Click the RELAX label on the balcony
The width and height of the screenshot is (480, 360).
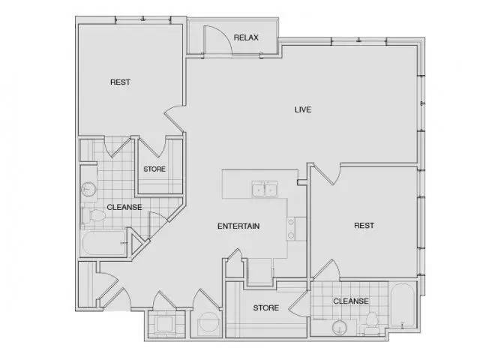point(246,37)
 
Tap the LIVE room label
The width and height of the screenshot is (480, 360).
point(303,109)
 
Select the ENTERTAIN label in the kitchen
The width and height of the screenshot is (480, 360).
point(238,226)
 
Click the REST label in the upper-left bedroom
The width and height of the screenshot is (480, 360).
point(120,82)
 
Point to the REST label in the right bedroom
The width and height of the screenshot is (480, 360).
point(364,226)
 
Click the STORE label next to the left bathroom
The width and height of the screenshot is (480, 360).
point(154,169)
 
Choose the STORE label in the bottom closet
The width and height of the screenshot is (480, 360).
point(265,307)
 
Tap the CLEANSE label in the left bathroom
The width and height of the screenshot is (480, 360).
point(124,207)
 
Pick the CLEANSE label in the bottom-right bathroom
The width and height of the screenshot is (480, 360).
point(350,301)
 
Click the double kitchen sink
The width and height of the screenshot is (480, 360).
point(265,189)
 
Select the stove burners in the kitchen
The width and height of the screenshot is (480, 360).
point(291,228)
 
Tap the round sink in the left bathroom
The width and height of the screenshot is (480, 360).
point(88,190)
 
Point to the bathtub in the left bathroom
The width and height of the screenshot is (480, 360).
point(104,244)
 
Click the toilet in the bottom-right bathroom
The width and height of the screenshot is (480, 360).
point(372,322)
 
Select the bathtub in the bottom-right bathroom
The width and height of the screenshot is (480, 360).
point(402,307)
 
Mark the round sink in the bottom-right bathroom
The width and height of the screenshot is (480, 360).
point(340,328)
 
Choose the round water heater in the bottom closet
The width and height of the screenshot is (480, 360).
point(208,322)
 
